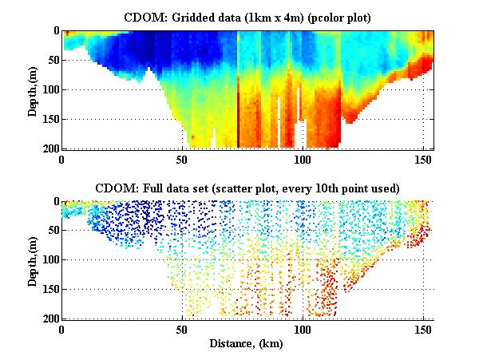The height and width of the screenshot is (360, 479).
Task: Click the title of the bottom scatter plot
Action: pyautogui.click(x=247, y=188)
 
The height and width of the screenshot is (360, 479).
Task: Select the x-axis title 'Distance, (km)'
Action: pyautogui.click(x=247, y=344)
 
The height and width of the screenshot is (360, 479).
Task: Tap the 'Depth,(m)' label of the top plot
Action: pyautogui.click(x=33, y=89)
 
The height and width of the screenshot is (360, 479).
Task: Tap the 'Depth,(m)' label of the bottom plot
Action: pyautogui.click(x=33, y=260)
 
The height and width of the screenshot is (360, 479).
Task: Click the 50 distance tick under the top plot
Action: pyautogui.click(x=183, y=159)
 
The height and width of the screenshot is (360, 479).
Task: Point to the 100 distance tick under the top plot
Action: pyautogui.click(x=303, y=159)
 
